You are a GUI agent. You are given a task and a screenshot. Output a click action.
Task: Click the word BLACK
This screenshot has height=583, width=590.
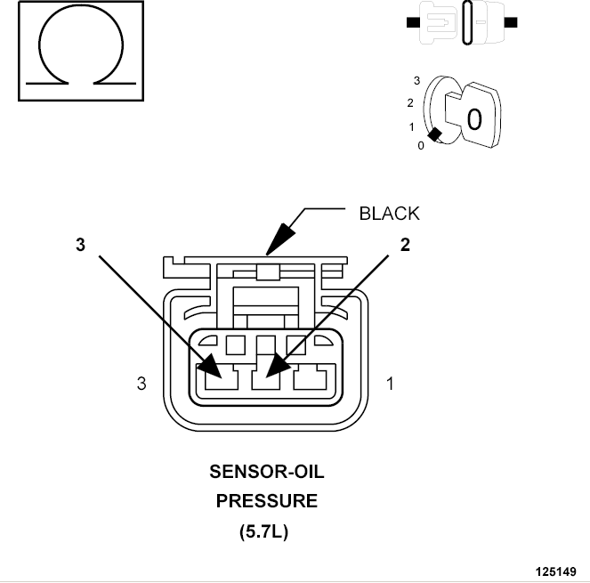tap(389, 214)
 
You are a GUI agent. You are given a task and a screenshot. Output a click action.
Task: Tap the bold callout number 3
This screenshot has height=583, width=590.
tap(80, 244)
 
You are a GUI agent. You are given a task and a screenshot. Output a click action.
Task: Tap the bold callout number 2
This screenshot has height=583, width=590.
tap(405, 245)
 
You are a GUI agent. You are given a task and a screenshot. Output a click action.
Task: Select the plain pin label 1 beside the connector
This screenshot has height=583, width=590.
tap(390, 384)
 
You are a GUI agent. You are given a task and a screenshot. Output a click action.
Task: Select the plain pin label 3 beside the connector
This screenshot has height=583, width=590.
tap(141, 384)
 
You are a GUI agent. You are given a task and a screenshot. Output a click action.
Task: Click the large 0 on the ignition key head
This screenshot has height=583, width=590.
tap(474, 119)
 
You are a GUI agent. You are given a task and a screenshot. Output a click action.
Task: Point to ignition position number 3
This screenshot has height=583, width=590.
tap(416, 80)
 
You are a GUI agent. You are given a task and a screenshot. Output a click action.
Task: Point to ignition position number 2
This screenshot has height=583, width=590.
tap(410, 102)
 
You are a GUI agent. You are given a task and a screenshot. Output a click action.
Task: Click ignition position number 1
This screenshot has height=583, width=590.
tap(412, 127)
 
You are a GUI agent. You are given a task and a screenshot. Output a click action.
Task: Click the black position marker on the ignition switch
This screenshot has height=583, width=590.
tap(435, 134)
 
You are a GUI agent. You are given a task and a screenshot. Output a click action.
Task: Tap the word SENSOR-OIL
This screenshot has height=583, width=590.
tap(267, 472)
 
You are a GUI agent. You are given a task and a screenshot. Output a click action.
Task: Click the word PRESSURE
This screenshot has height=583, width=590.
tap(267, 501)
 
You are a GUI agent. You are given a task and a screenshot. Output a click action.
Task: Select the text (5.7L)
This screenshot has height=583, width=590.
tap(263, 531)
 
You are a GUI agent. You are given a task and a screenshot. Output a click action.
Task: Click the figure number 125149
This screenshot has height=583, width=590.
tap(556, 571)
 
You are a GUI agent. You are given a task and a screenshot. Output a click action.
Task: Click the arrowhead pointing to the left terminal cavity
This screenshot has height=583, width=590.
tap(210, 366)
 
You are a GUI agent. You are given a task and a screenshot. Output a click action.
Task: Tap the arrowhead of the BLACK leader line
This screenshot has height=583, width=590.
tap(280, 239)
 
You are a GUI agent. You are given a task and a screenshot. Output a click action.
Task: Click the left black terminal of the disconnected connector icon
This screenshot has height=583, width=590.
tap(413, 22)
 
